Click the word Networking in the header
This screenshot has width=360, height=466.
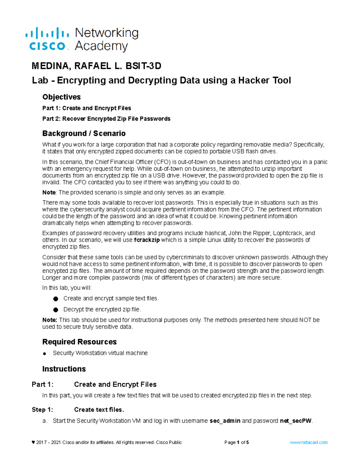tap(106, 33)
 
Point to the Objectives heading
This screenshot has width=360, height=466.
tap(61, 97)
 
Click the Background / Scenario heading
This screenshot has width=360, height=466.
tap(84, 133)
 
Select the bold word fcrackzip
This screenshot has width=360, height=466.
tap(147, 240)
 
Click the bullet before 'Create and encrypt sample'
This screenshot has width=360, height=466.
tap(55, 299)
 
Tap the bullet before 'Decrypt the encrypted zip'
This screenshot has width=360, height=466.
tap(55, 309)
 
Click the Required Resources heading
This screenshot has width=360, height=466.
tap(79, 342)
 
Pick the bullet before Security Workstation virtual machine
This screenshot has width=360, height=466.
tap(44, 353)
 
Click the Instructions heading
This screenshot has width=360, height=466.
tap(64, 369)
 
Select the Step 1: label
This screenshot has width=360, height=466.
tap(42, 410)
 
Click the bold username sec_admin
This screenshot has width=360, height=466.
tap(225, 421)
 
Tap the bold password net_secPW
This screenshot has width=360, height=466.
tap(296, 421)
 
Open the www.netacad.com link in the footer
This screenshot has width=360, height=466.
tap(308, 442)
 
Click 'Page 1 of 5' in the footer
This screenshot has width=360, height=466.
tap(236, 442)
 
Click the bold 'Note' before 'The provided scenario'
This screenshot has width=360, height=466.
tap(49, 192)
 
